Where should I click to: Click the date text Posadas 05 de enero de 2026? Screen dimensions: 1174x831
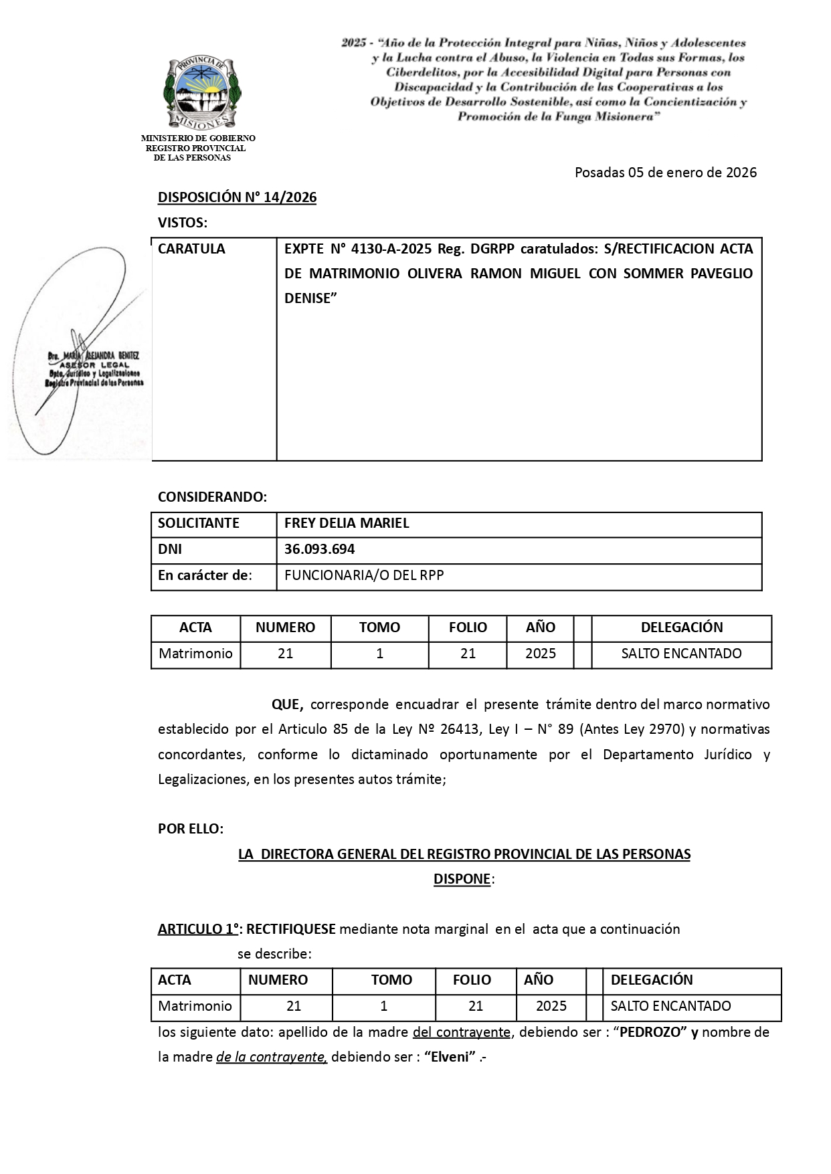(x=665, y=173)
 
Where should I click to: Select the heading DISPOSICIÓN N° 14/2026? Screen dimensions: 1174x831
(x=237, y=197)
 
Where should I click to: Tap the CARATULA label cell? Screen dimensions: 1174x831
(x=191, y=249)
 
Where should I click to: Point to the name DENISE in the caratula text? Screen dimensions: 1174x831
(x=308, y=298)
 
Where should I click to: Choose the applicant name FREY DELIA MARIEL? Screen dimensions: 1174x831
(x=347, y=523)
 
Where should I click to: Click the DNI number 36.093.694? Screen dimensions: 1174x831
(x=319, y=549)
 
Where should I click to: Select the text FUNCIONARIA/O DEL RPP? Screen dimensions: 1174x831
(x=364, y=575)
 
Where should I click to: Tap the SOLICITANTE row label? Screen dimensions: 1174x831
(x=198, y=523)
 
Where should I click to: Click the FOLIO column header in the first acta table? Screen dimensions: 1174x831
(x=468, y=627)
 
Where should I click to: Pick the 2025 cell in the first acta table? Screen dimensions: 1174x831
(x=540, y=654)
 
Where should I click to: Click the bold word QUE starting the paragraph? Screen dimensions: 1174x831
(x=288, y=704)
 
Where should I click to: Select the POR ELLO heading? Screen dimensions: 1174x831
(x=191, y=829)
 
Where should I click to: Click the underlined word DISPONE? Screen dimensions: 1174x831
(x=462, y=879)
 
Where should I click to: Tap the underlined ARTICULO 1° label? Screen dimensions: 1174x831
(x=199, y=929)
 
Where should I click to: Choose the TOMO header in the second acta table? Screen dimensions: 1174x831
(x=391, y=980)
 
